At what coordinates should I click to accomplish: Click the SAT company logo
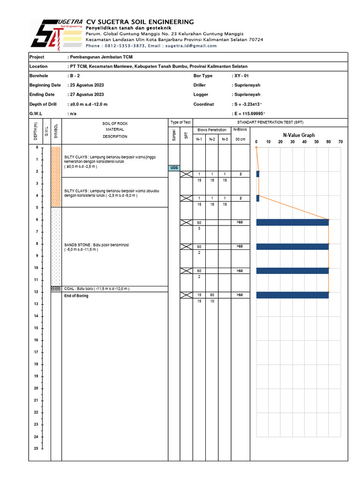(x=56, y=34)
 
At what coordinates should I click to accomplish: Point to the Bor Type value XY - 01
(x=242, y=75)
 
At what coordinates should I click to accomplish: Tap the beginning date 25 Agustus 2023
(x=87, y=85)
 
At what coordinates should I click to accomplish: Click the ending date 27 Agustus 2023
(x=87, y=95)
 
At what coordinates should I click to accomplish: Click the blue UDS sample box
(x=174, y=168)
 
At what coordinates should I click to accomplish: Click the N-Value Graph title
(x=299, y=135)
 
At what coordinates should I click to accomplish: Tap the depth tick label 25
(x=36, y=449)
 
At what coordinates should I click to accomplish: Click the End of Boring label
(x=76, y=296)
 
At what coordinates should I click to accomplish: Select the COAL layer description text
(x=97, y=289)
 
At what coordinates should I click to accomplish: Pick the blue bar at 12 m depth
(x=292, y=295)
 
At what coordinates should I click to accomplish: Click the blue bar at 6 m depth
(x=292, y=222)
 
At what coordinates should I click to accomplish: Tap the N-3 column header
(x=225, y=139)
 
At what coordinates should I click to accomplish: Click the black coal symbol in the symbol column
(x=56, y=289)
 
